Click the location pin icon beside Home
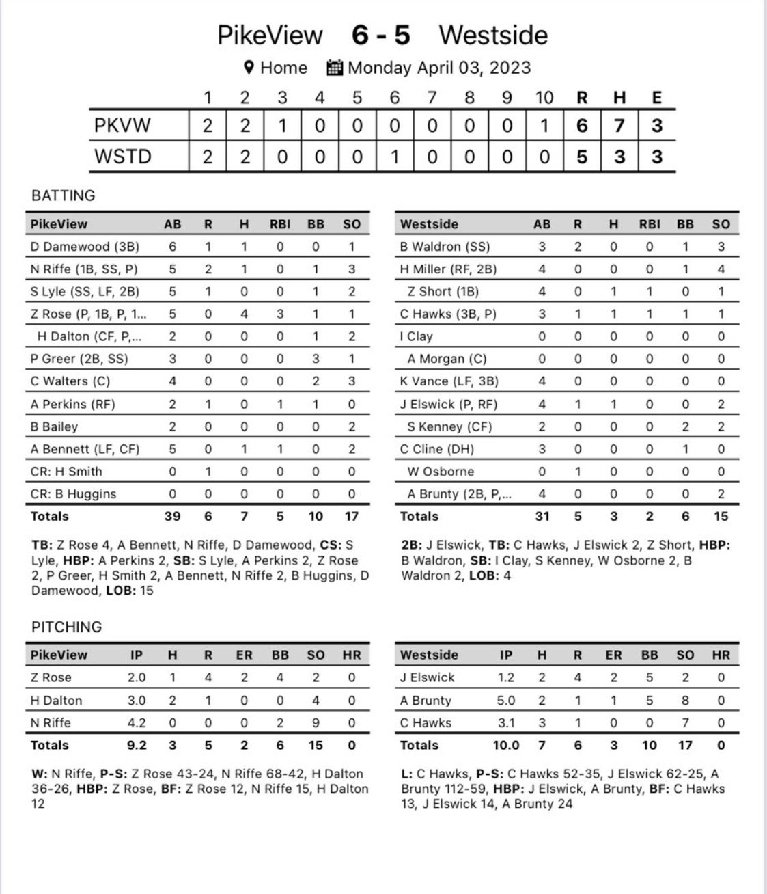pyautogui.click(x=249, y=68)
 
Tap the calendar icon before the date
pyautogui.click(x=335, y=68)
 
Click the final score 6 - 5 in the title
pyautogui.click(x=381, y=35)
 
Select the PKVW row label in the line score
pyautogui.click(x=123, y=126)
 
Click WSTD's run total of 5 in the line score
pyautogui.click(x=581, y=157)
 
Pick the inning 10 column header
pyautogui.click(x=544, y=98)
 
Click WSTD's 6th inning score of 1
pyautogui.click(x=394, y=157)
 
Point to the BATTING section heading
pyautogui.click(x=64, y=195)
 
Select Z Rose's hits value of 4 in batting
pyautogui.click(x=244, y=314)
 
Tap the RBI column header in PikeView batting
pyautogui.click(x=280, y=224)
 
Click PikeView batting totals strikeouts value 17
pyautogui.click(x=351, y=516)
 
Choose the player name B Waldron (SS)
pyautogui.click(x=445, y=247)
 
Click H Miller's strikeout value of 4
pyautogui.click(x=721, y=269)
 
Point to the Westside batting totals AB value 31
pyautogui.click(x=542, y=516)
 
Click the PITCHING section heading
pyautogui.click(x=67, y=627)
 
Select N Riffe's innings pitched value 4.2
pyautogui.click(x=137, y=722)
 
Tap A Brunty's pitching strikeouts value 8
pyautogui.click(x=685, y=700)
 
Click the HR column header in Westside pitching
pyautogui.click(x=721, y=655)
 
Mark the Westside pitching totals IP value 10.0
pyautogui.click(x=506, y=745)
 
